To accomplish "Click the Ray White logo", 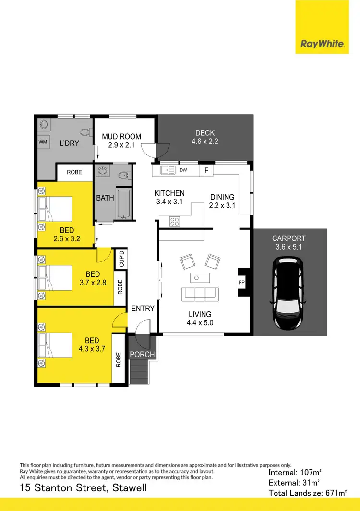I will pos(322,44).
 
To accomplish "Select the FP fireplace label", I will pos(241,283).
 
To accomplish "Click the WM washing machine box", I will pos(42,142).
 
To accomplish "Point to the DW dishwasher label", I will pos(183,170).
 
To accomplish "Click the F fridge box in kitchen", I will pos(206,170).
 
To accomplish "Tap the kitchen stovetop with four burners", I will pos(175,221).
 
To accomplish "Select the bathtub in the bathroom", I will pos(123,204).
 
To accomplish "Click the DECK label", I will pos(205,133).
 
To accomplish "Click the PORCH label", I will pos(142,355).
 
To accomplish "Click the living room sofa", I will pos(200,294).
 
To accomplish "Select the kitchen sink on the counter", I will pos(168,169).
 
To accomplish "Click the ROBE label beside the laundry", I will pos(74,172).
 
